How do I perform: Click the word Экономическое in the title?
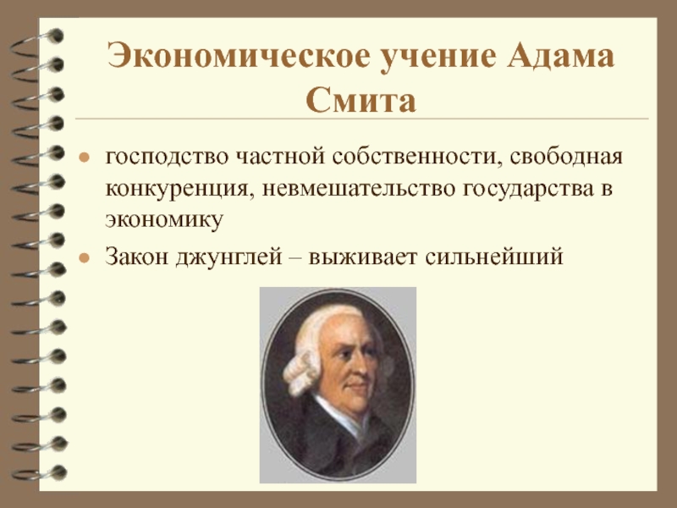click(239, 56)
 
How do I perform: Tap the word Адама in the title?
click(560, 56)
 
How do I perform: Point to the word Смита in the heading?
click(361, 100)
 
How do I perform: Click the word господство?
click(166, 157)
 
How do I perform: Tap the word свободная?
click(566, 157)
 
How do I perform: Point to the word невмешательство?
click(358, 189)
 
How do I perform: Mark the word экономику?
click(164, 220)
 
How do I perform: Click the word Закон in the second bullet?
click(136, 257)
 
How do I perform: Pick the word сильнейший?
click(494, 257)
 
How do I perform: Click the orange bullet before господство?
click(84, 157)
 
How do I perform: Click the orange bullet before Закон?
click(84, 258)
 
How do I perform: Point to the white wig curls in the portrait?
click(301, 367)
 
